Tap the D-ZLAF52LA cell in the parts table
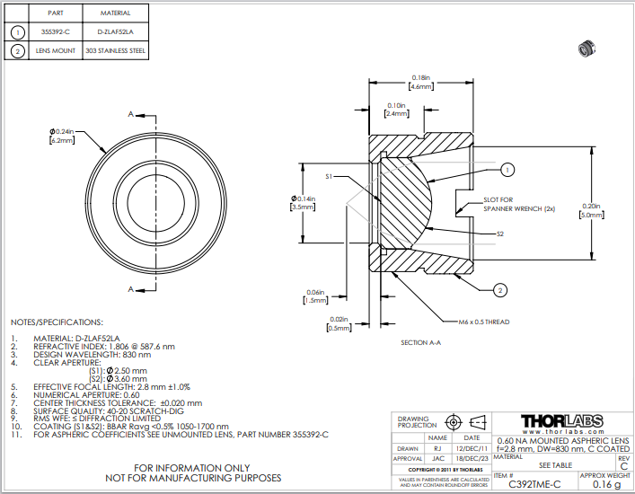[x=113, y=31]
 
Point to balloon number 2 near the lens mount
[x=500, y=289]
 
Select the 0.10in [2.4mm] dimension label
[x=396, y=110]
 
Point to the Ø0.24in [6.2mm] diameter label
[x=61, y=137]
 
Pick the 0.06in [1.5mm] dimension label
[x=315, y=296]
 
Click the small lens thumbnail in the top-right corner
[x=590, y=44]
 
